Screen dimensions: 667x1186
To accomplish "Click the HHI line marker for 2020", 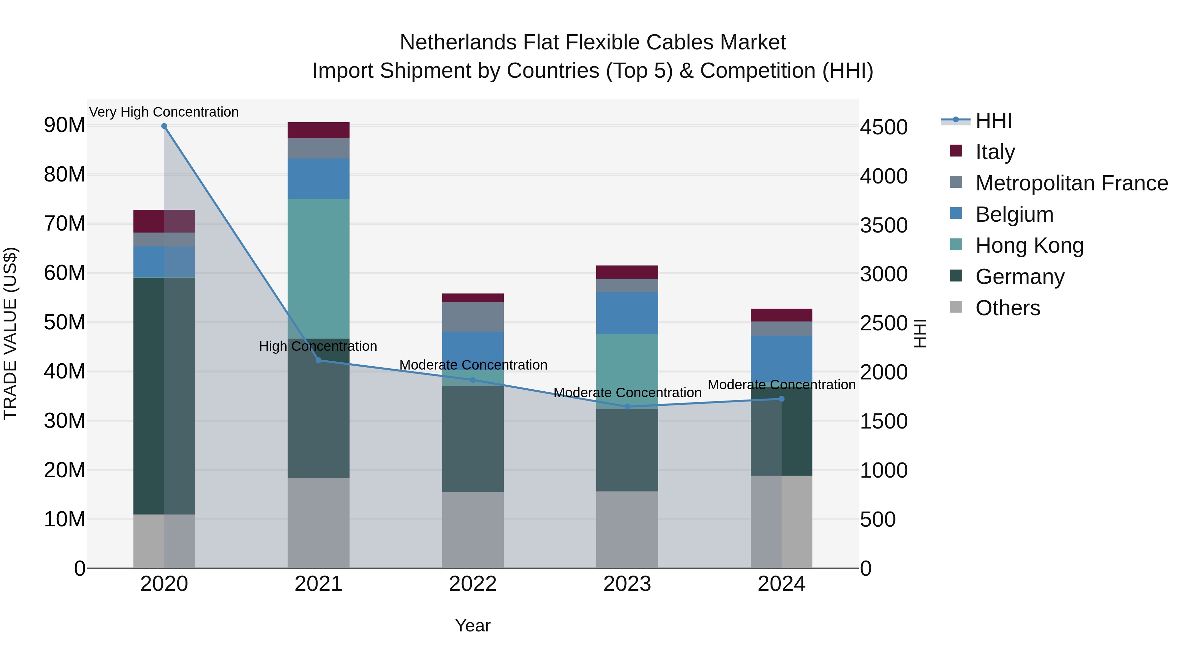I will [x=164, y=126].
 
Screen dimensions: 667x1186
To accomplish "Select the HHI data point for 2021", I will [x=318, y=360].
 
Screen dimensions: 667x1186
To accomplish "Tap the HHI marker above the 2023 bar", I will [x=627, y=406].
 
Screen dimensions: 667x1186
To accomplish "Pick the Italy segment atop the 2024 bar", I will [x=781, y=315].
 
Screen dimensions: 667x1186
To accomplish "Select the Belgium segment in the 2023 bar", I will [x=627, y=313].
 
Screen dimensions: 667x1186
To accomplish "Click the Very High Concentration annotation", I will [x=164, y=112].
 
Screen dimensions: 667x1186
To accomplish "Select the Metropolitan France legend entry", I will [x=1071, y=183].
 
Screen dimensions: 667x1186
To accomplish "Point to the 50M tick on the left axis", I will [x=65, y=322].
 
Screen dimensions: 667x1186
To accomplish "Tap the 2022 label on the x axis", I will [x=472, y=584].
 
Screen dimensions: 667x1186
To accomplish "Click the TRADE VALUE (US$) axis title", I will [x=10, y=333].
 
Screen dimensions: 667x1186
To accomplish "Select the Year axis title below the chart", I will [x=472, y=625].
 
